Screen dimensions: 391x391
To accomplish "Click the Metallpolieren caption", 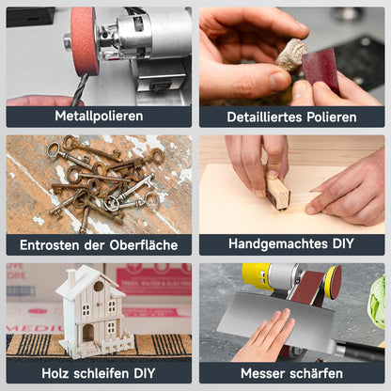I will pyautogui.click(x=99, y=117).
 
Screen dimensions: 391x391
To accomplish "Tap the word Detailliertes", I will pyautogui.click(x=258, y=117).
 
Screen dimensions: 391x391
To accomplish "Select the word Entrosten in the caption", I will pyautogui.click(x=50, y=244).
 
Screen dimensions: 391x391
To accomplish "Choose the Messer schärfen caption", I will pyautogui.click(x=291, y=372).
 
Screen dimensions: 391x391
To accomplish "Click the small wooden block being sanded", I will pyautogui.click(x=278, y=193).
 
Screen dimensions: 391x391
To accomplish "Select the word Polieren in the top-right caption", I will pyautogui.click(x=326, y=117).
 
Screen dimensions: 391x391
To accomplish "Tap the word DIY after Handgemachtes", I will pyautogui.click(x=342, y=244).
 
